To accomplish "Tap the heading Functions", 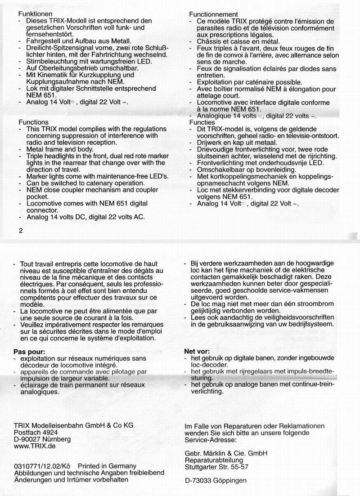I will (33, 122).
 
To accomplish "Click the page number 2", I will (21, 230).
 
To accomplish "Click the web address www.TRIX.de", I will (34, 446).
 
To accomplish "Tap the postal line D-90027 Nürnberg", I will (42, 439).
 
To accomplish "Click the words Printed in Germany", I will (107, 466).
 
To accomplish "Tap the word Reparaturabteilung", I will (214, 460).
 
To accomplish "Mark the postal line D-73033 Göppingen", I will (216, 481).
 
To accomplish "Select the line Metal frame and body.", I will (60, 149).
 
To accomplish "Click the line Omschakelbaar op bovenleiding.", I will (247, 170).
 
